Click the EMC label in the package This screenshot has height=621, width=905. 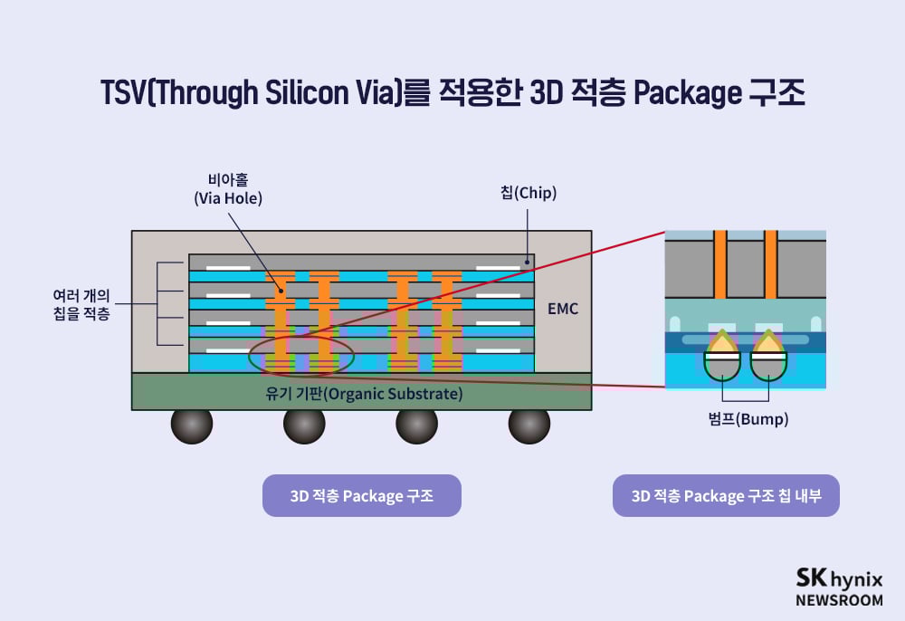pos(562,309)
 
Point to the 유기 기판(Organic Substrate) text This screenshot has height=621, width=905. pos(361,394)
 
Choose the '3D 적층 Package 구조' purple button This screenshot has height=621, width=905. pos(362,496)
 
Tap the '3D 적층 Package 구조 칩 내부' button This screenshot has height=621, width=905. pos(726,496)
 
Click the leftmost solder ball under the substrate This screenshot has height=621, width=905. pos(192,425)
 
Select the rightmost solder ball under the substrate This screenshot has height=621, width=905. pos(529,425)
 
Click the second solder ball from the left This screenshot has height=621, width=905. pos(304,425)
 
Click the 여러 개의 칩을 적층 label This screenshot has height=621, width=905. pos(82,304)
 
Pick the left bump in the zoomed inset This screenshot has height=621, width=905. pos(721,358)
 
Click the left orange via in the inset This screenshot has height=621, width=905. pos(720,264)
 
